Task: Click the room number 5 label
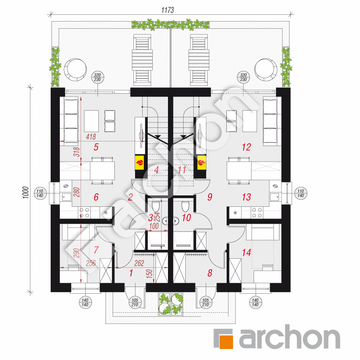coord(96,147)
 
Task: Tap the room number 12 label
coord(246,147)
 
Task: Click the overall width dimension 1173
coord(168,10)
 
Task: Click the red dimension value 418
coord(91,136)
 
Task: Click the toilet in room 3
coord(156,207)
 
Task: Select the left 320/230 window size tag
coord(97,77)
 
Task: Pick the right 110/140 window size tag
coord(300,192)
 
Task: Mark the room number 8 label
coord(209,273)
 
